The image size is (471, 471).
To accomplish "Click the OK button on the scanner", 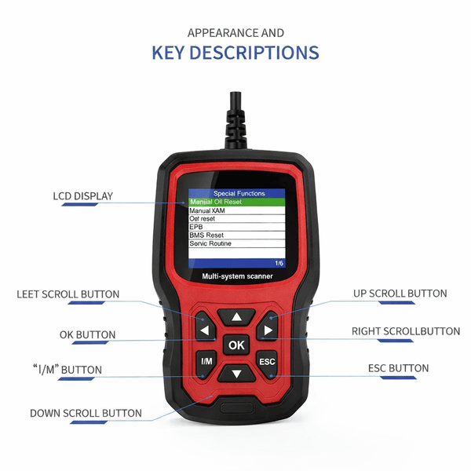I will click(x=235, y=345).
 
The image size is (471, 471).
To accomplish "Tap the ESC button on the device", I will click(x=266, y=362).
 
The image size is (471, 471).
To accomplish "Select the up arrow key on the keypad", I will click(x=235, y=317).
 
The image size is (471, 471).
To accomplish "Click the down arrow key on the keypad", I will click(x=235, y=372).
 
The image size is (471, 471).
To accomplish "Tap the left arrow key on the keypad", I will click(x=205, y=330).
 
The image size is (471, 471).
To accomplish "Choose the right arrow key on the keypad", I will click(x=267, y=330).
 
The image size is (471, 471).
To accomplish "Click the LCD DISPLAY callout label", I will click(x=82, y=195).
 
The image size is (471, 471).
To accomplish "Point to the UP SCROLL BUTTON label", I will click(x=400, y=294).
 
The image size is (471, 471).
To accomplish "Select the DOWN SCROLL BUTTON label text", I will click(x=86, y=413).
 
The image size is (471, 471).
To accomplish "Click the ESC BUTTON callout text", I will click(x=398, y=368).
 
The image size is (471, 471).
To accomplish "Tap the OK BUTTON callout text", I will click(x=87, y=334).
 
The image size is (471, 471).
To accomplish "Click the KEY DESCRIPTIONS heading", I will click(x=235, y=53).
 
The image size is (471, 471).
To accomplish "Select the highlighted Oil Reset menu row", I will click(x=235, y=202).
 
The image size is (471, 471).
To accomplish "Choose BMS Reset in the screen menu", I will click(x=208, y=235).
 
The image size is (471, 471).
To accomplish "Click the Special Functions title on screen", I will click(x=239, y=193).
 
